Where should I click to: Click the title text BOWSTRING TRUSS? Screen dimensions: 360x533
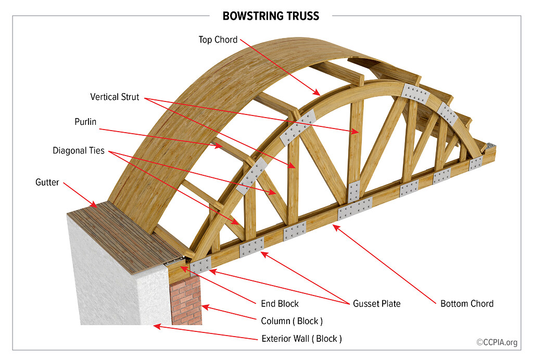[x=271, y=16]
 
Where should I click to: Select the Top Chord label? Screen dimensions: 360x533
[x=218, y=40]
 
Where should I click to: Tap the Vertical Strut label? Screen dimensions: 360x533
[x=115, y=97]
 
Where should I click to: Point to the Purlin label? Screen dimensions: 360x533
[x=86, y=122]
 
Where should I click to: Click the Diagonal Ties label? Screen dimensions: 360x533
[x=79, y=151]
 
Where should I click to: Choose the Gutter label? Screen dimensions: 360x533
[x=47, y=183]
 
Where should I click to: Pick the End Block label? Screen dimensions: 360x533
[x=280, y=303]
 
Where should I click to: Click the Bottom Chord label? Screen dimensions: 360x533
[x=466, y=303]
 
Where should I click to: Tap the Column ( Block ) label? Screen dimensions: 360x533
[x=291, y=321]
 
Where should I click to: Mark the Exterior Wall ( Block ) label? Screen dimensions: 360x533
[x=301, y=339]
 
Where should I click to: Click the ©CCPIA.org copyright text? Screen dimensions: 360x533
[x=497, y=342]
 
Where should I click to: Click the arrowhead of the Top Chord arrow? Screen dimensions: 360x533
[x=318, y=94]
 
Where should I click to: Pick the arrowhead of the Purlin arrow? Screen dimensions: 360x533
[x=221, y=147]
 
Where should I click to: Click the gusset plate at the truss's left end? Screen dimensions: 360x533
[x=200, y=265]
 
